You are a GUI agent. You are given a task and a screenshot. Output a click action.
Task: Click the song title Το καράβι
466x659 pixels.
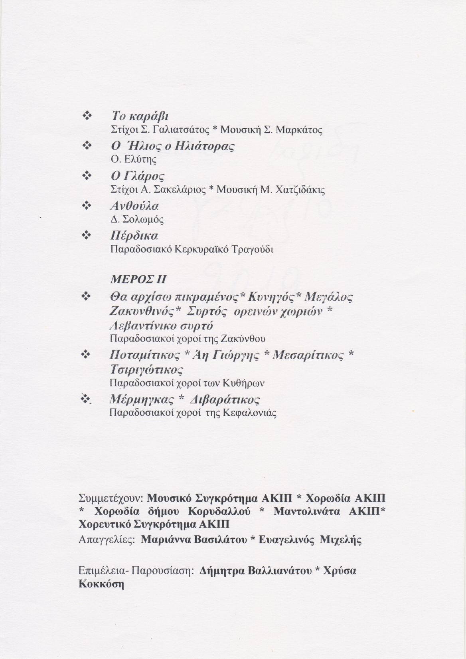139,117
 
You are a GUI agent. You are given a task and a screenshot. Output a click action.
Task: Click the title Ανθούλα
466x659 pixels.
134,206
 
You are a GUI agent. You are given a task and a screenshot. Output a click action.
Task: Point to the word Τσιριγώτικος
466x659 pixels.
146,369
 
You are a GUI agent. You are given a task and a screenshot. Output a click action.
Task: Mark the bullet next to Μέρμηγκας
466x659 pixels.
85,398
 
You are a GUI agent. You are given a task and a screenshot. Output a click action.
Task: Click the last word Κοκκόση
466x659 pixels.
102,584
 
